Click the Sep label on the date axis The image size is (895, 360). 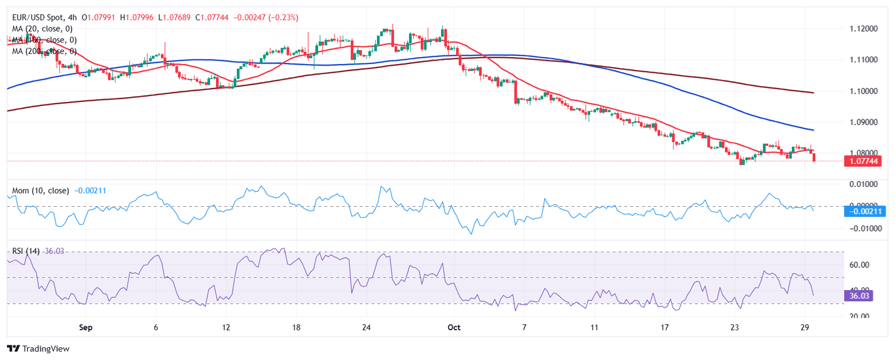pos(86,327)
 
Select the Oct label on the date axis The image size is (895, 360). pos(454,327)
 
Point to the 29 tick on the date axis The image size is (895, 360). pos(805,327)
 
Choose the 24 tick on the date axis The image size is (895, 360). pos(366,327)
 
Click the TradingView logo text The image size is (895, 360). pos(38,348)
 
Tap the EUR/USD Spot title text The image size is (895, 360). pos(40,18)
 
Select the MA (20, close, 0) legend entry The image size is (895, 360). pos(42,29)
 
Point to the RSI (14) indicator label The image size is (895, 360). pos(26,251)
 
